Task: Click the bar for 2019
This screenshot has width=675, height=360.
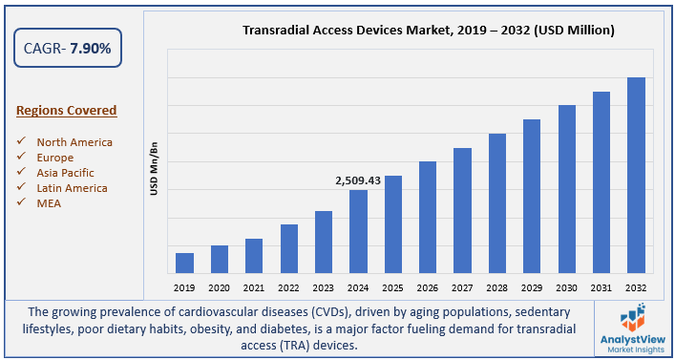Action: [x=184, y=263]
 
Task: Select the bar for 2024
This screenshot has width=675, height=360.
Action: [x=358, y=231]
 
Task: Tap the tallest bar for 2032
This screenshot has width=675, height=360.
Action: [x=635, y=175]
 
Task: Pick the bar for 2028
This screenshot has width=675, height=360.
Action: [x=496, y=202]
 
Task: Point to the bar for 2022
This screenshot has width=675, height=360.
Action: [x=288, y=248]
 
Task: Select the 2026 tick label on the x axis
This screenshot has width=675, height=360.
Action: [x=428, y=286]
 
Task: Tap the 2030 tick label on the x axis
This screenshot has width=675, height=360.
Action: [x=566, y=286]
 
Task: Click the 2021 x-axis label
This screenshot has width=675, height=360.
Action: [x=254, y=286]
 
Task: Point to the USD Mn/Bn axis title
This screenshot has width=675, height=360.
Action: [x=153, y=169]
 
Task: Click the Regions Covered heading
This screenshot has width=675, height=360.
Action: [x=67, y=111]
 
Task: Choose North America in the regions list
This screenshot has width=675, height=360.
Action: [x=74, y=142]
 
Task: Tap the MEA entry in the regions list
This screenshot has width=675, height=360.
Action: [x=49, y=203]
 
